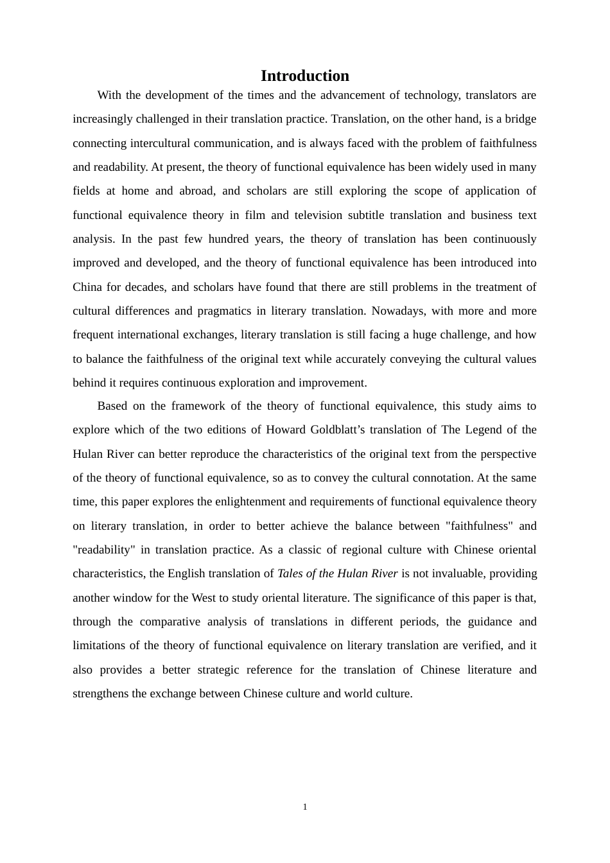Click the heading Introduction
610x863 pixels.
click(x=304, y=76)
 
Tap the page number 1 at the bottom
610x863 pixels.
click(x=305, y=807)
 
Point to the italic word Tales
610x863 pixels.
click(x=292, y=573)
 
